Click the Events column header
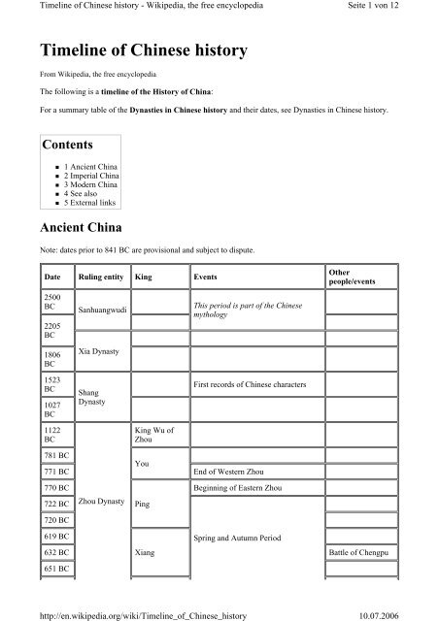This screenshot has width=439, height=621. pos(206,277)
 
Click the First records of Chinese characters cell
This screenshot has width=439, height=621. pos(251,386)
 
